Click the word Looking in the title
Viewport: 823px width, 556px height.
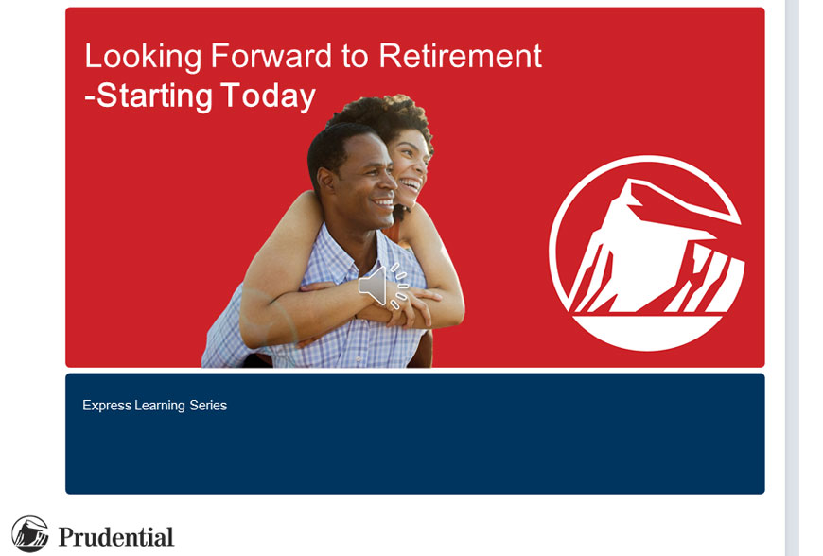coord(143,57)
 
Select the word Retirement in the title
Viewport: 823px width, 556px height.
coord(460,56)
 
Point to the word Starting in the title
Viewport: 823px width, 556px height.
coord(154,96)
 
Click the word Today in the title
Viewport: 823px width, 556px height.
coord(269,96)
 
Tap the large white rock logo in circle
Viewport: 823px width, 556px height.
coord(646,252)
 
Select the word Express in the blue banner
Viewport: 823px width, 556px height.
coord(107,406)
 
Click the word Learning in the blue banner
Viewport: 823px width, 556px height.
coord(160,406)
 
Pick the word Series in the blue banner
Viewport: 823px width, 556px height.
coord(208,406)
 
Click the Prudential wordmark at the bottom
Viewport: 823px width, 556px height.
coord(116,537)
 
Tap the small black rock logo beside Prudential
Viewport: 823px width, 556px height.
coord(30,534)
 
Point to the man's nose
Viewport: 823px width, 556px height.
coord(390,180)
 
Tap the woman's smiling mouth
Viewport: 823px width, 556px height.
coord(411,185)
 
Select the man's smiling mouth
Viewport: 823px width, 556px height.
coord(382,202)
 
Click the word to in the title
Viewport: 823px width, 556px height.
coord(355,57)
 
